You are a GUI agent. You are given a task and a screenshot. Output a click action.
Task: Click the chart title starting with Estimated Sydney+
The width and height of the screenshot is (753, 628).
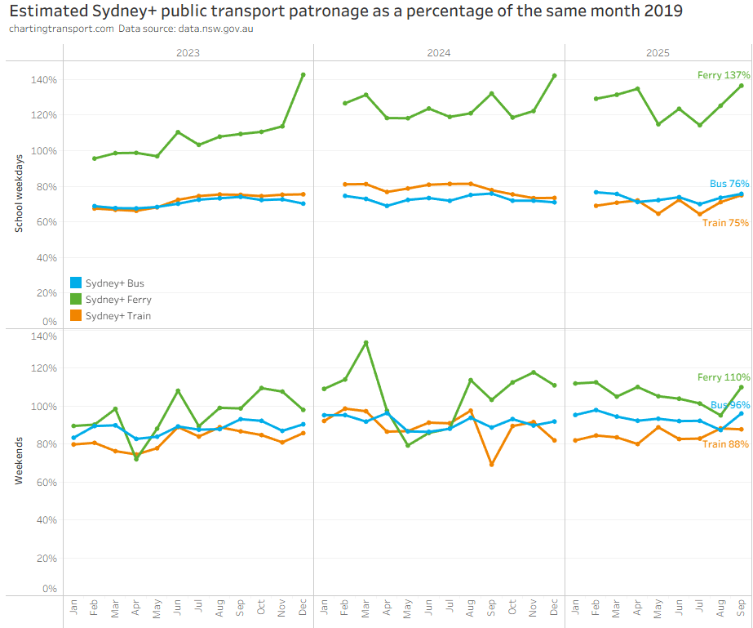(x=346, y=11)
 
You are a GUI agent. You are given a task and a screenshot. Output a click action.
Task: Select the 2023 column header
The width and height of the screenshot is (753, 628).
(x=188, y=52)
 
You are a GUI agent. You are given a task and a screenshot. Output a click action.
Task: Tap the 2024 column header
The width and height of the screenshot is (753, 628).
(x=439, y=52)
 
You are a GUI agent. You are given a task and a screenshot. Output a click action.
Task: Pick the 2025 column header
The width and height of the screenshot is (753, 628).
(x=658, y=52)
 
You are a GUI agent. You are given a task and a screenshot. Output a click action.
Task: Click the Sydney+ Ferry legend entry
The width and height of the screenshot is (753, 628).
(x=118, y=300)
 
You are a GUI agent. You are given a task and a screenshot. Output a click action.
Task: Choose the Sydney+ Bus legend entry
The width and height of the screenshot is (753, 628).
(x=114, y=283)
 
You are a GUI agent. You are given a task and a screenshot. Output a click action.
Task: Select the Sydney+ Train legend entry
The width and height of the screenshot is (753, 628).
(x=117, y=316)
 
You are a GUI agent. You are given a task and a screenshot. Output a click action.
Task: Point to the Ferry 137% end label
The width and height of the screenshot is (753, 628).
(x=723, y=75)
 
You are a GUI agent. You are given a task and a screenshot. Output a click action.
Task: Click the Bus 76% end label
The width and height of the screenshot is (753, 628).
(x=729, y=185)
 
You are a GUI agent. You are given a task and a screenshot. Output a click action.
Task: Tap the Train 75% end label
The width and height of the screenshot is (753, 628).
(x=725, y=223)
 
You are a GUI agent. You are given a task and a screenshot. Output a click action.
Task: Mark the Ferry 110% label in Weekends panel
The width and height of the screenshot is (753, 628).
(x=723, y=377)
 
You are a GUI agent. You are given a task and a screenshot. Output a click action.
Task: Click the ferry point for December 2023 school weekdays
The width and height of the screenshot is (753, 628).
(x=303, y=75)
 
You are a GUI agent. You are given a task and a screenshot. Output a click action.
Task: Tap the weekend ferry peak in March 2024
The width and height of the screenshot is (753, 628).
(x=365, y=343)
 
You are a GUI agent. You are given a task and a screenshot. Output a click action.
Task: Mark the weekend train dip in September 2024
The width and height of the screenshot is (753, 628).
(x=491, y=465)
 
